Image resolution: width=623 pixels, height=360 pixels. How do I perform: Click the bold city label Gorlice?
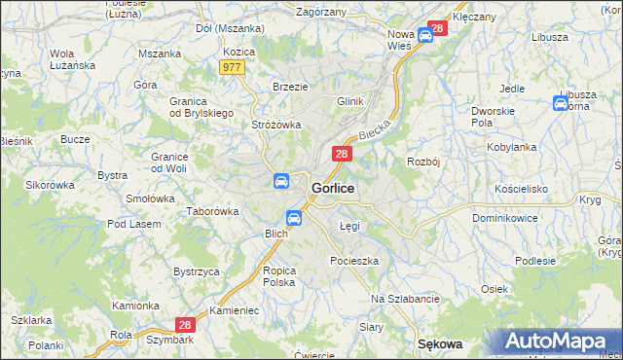[x=332, y=187]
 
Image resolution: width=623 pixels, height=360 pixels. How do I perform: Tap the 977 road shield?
[x=232, y=67]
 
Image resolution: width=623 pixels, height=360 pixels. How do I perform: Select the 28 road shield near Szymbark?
[x=185, y=325]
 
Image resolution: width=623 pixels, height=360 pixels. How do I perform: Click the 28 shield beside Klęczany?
[x=437, y=28]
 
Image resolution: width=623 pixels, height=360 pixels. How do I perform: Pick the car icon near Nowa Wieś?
[x=425, y=36]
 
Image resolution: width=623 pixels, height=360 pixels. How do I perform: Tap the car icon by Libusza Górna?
[x=562, y=102]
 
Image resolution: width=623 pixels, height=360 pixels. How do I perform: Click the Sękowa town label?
[x=439, y=343]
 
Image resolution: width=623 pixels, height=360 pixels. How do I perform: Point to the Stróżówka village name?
[x=276, y=125]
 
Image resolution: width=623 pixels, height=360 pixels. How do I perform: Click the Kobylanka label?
[x=511, y=147]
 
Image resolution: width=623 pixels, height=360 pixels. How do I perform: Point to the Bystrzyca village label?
[x=196, y=271]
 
